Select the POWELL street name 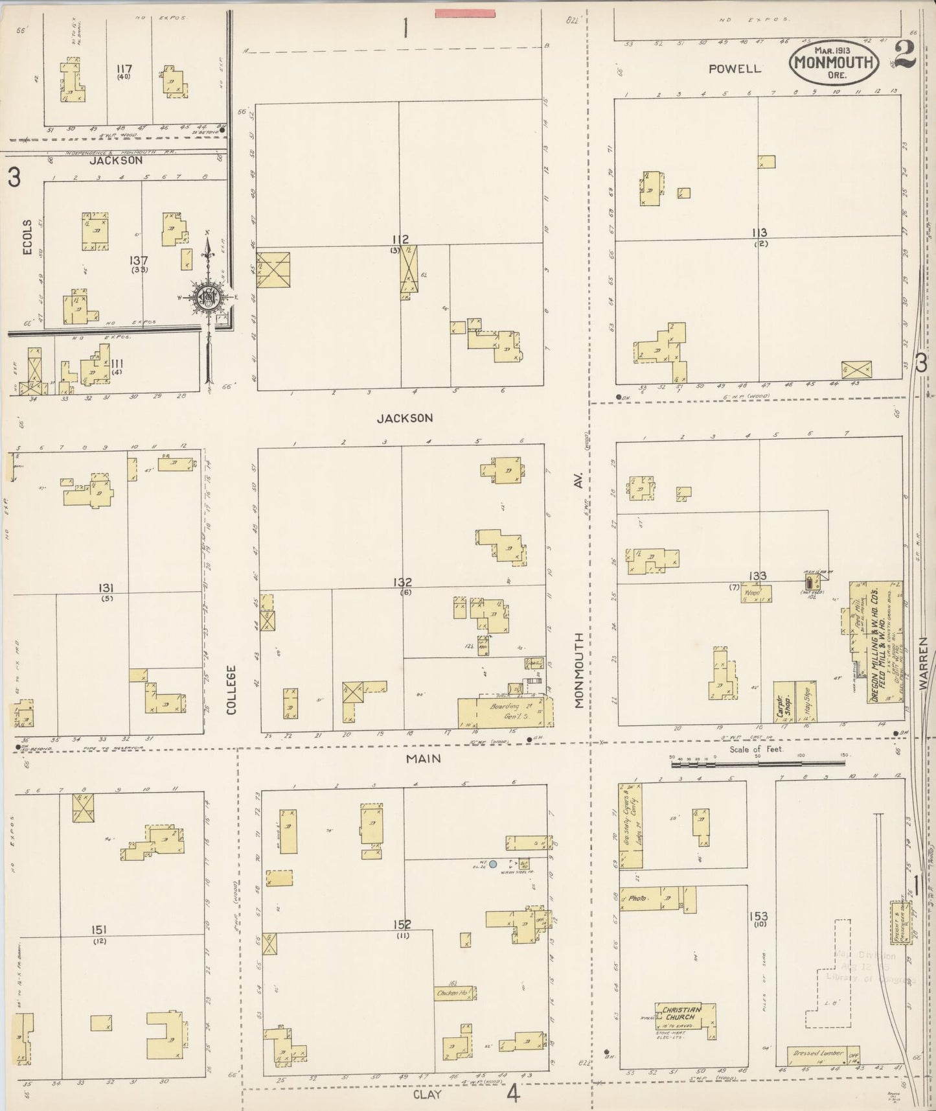[735, 69]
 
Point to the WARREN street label [923, 670]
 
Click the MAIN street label [424, 758]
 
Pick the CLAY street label [428, 1095]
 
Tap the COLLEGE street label [232, 690]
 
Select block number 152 [402, 925]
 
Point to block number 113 [759, 233]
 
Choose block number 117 [124, 68]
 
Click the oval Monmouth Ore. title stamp [834, 62]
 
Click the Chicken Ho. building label [454, 992]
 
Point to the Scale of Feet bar [758, 764]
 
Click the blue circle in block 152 [493, 864]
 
